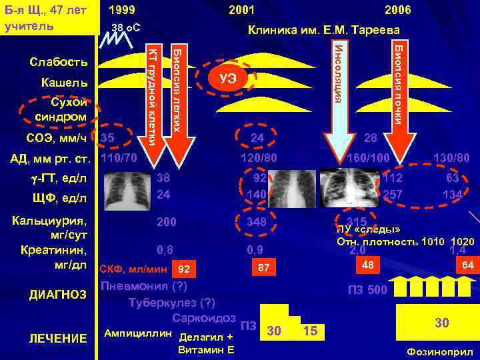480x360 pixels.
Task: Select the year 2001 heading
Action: pyautogui.click(x=241, y=10)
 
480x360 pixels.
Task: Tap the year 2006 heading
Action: pyautogui.click(x=397, y=10)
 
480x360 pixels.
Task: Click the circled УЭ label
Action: pyautogui.click(x=227, y=79)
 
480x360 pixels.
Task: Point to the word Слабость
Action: pyautogui.click(x=59, y=62)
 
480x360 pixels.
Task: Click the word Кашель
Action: pyautogui.click(x=64, y=83)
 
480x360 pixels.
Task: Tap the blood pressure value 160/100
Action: pyautogui.click(x=369, y=159)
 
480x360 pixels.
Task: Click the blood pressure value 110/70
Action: pyautogui.click(x=118, y=159)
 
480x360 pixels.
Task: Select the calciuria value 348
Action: pyautogui.click(x=256, y=221)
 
